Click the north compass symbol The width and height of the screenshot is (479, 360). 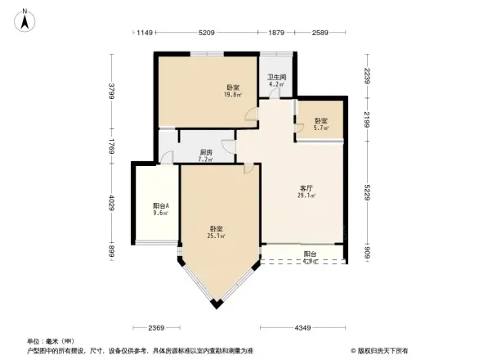(x=25, y=18)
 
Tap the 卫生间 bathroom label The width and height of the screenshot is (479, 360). (x=275, y=78)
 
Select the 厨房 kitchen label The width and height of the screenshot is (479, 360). (x=206, y=152)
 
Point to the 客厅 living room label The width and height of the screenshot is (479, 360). (x=307, y=188)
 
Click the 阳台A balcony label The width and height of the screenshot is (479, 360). (x=160, y=205)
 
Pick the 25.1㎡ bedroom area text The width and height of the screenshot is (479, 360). (x=217, y=236)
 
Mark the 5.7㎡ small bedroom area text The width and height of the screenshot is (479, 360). (x=321, y=128)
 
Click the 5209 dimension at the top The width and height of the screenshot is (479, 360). (x=206, y=33)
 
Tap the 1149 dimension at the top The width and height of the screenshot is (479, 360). (x=145, y=33)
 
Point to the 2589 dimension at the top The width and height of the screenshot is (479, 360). (x=320, y=33)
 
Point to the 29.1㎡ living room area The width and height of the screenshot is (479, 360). (x=307, y=196)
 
